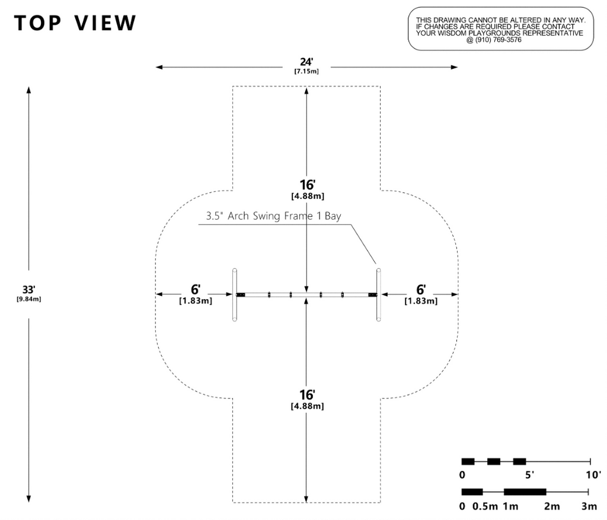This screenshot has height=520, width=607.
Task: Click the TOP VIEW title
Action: tap(76, 23)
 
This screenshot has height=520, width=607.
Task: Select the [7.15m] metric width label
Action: tap(306, 71)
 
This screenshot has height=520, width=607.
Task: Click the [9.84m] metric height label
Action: tap(29, 298)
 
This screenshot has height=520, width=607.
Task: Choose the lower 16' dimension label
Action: tap(306, 395)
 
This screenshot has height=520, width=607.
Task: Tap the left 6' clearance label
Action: tap(196, 290)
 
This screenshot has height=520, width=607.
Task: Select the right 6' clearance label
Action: tap(421, 290)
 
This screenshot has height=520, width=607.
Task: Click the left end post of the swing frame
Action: tap(235, 294)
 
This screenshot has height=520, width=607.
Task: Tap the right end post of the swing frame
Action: tap(378, 294)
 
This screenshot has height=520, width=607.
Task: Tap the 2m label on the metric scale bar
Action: tap(551, 506)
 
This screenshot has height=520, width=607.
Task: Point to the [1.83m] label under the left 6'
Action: tap(196, 301)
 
